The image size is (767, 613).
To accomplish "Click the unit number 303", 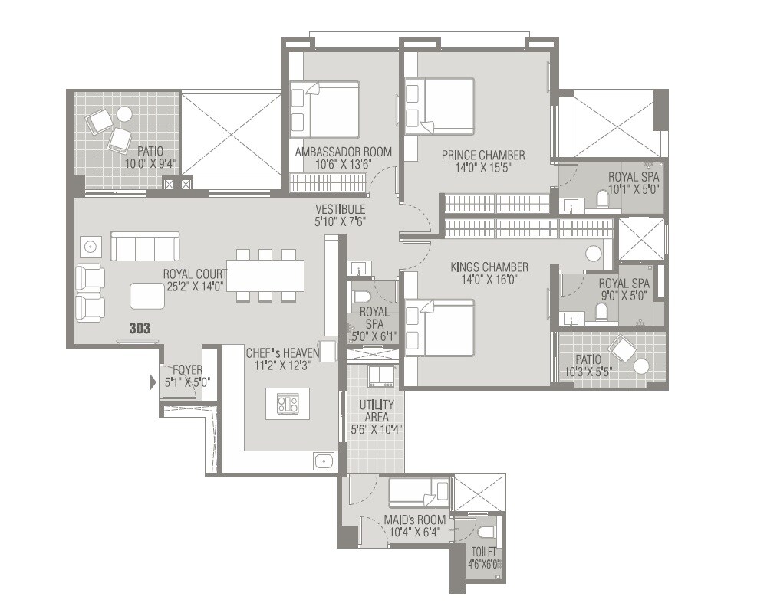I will click(x=140, y=328).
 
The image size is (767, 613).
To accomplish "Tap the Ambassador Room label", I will click(x=344, y=152).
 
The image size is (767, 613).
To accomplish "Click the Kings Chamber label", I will click(x=489, y=267).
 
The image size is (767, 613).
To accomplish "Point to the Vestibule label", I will click(x=340, y=209).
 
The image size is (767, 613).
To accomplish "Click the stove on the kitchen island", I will click(x=288, y=404).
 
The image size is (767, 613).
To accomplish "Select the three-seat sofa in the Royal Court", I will click(x=145, y=247).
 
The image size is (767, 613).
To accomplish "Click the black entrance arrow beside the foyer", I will click(x=153, y=381).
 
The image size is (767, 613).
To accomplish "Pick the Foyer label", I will click(x=187, y=369).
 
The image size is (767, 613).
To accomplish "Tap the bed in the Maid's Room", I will click(x=419, y=491).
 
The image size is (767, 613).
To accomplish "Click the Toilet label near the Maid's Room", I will click(x=484, y=552).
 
